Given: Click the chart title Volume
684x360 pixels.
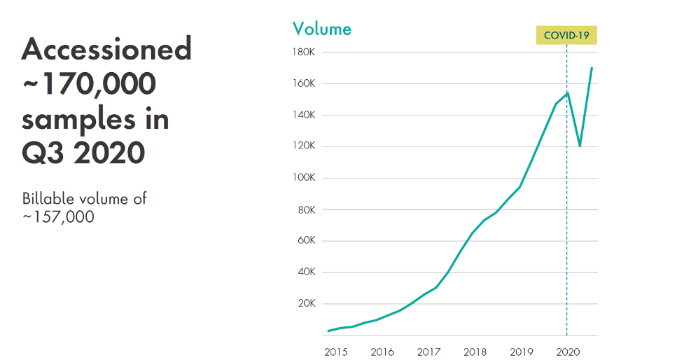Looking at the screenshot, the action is pos(322,29).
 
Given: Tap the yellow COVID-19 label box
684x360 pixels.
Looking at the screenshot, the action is pos(566,35).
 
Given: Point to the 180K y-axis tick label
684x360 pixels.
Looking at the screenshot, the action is pos(304,53).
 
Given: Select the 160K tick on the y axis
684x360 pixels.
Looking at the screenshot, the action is pos(304,83).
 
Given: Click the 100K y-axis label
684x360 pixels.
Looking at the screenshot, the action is pos(304,178).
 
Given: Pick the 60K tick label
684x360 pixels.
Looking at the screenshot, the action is pos(306,240).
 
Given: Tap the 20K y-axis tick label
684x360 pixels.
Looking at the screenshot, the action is pos(306,303).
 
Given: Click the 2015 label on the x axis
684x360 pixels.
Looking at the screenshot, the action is pos(336,352).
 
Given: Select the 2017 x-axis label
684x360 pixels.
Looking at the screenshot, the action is pos(428,352).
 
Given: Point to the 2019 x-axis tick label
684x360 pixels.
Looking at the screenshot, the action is pos(522,352).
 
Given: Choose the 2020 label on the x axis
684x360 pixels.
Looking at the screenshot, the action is pos(568,352).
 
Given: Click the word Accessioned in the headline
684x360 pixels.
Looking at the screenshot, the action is pos(107,49).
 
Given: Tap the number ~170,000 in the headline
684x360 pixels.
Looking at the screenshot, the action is pos(89,83).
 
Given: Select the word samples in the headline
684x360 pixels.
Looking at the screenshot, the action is pos(78,119).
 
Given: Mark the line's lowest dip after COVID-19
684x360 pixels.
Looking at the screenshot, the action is pos(580,146).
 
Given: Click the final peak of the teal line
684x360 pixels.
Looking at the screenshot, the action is pos(592,68).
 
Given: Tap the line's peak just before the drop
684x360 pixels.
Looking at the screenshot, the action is pos(568,93).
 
